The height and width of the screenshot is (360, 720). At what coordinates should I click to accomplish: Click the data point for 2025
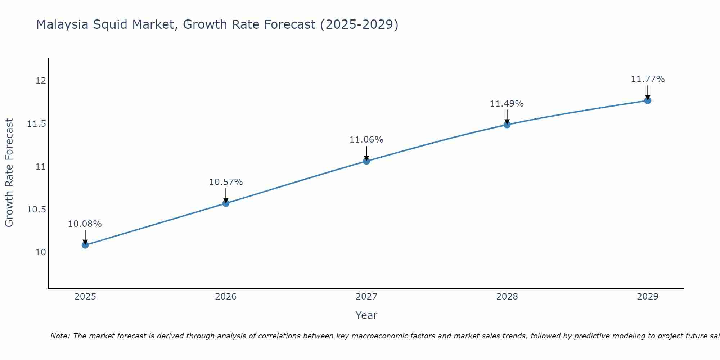(85, 245)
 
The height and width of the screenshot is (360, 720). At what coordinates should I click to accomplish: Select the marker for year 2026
(226, 203)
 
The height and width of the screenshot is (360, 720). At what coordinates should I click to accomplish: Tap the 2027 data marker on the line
(366, 161)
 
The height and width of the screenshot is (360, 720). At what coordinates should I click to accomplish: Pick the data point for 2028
(507, 125)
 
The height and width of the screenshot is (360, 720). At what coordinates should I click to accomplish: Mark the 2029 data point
(647, 100)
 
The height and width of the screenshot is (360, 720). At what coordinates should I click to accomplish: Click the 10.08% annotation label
(85, 224)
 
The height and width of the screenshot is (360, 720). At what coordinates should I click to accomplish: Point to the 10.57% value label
(226, 182)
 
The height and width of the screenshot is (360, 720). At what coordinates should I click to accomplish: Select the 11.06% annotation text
(366, 140)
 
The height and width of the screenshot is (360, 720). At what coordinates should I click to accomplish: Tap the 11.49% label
(507, 104)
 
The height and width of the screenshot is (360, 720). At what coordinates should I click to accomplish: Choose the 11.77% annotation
(647, 79)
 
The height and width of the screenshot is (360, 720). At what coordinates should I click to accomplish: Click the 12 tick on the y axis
(41, 80)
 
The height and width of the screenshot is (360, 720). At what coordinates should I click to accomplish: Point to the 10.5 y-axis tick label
(37, 210)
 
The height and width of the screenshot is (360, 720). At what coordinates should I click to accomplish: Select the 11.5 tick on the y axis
(37, 124)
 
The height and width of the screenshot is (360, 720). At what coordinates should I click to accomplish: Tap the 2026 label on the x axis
(226, 297)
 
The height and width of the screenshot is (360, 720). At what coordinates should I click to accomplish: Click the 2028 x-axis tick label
(507, 297)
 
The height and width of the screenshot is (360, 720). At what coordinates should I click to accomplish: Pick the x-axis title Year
(366, 315)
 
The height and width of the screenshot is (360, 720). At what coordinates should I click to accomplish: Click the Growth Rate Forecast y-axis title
(9, 173)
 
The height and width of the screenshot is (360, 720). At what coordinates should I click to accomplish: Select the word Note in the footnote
(60, 336)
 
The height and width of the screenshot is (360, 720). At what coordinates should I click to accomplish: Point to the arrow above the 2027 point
(366, 153)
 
